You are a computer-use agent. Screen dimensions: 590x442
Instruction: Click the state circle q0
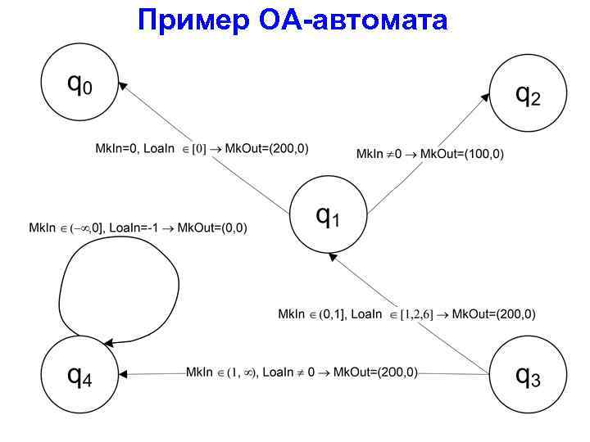tap(79, 84)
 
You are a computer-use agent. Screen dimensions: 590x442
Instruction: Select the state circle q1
tap(329, 216)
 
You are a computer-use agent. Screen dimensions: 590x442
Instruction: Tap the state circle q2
tap(528, 93)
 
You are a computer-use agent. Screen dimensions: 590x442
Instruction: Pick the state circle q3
tap(528, 376)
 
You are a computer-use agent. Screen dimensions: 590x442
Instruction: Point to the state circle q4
tap(79, 376)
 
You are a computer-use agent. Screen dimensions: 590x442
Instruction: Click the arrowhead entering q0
tap(124, 84)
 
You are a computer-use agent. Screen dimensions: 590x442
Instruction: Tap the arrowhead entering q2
tap(485, 97)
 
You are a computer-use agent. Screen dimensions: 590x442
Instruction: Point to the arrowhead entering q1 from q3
tap(332, 256)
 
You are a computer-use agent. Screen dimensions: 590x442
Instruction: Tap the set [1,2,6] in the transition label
tap(416, 314)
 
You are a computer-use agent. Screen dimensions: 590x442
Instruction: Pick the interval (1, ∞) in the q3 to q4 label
tap(243, 372)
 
